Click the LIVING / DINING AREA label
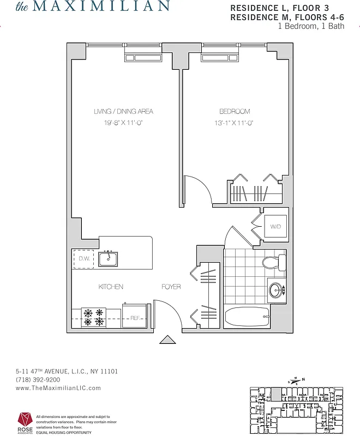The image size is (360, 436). click(x=123, y=112)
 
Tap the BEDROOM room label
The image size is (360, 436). click(x=235, y=112)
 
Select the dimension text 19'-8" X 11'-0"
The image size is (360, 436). click(x=123, y=123)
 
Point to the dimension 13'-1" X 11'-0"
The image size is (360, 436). click(x=235, y=123)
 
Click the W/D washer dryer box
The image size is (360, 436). click(x=275, y=226)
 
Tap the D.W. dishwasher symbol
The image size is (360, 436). click(x=84, y=258)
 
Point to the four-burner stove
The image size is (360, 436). click(x=93, y=317)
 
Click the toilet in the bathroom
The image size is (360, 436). click(x=274, y=263)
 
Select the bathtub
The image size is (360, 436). click(x=247, y=317)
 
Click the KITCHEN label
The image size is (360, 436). click(x=111, y=287)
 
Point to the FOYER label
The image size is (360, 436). click(x=171, y=287)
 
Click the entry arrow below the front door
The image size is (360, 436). click(x=167, y=340)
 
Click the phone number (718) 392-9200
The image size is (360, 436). click(x=38, y=380)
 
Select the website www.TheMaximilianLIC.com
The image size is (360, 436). click(x=58, y=388)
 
